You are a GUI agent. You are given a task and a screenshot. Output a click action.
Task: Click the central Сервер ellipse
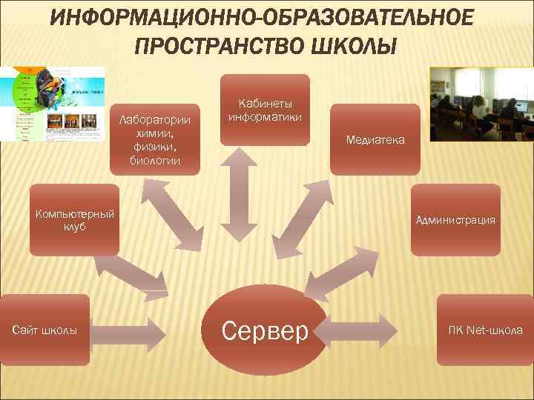(x=265, y=330)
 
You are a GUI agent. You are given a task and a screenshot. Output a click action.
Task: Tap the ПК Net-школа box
(x=484, y=330)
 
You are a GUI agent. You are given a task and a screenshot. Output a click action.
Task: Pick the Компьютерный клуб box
(x=73, y=220)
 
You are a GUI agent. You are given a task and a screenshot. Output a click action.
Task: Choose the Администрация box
(x=455, y=220)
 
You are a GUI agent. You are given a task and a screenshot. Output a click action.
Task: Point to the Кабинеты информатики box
(x=265, y=110)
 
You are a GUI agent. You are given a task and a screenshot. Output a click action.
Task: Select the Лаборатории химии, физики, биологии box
(x=156, y=139)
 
